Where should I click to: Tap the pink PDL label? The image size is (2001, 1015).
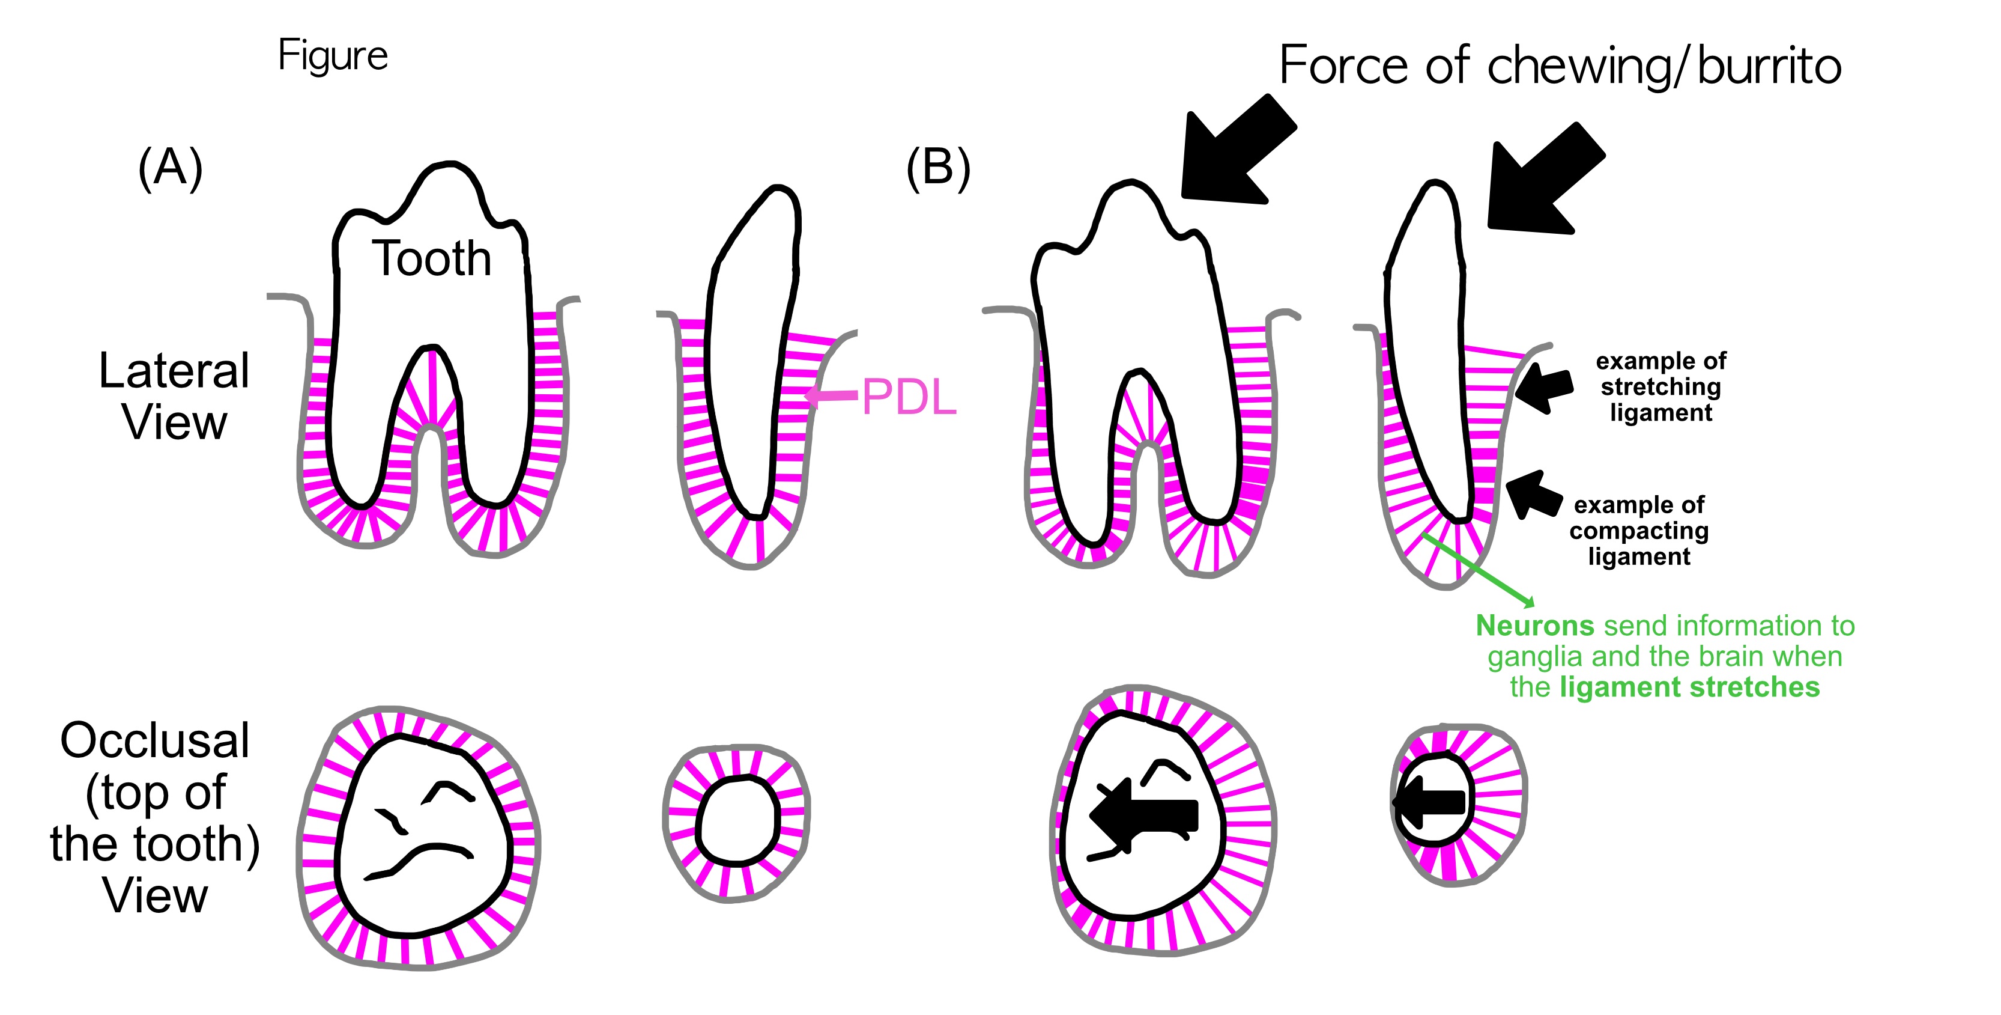(x=909, y=397)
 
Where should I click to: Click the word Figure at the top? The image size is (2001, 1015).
(x=333, y=56)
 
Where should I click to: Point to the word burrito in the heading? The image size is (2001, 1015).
(x=1769, y=66)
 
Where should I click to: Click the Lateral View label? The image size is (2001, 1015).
(x=174, y=397)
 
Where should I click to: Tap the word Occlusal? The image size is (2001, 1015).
(x=154, y=740)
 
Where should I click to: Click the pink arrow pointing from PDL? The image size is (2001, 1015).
(x=831, y=395)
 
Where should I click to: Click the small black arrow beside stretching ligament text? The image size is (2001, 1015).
(x=1543, y=386)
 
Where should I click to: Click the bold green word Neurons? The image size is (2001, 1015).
(x=1534, y=626)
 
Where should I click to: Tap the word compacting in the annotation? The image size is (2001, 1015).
(x=1638, y=531)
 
